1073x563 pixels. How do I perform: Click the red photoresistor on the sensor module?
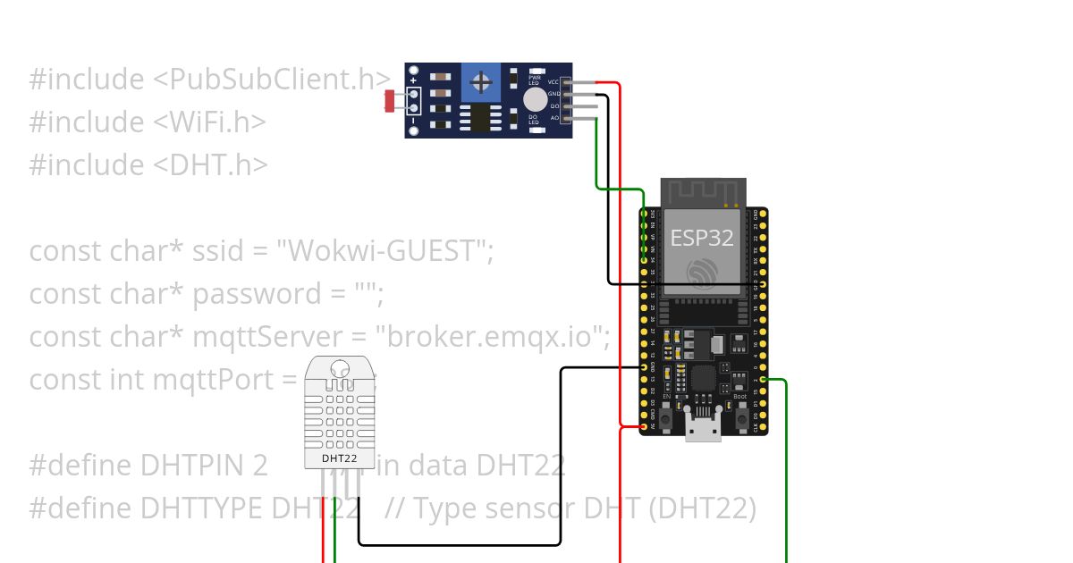point(391,101)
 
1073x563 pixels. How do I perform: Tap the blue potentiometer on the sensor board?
point(481,83)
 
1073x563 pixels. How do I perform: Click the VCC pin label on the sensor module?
point(553,81)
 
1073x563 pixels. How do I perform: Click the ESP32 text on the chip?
point(703,238)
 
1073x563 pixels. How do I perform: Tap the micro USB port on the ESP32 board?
point(703,426)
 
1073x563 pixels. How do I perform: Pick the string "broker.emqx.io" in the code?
point(493,337)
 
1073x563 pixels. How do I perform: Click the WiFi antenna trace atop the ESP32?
point(703,191)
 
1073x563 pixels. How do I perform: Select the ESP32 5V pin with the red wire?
point(644,426)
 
